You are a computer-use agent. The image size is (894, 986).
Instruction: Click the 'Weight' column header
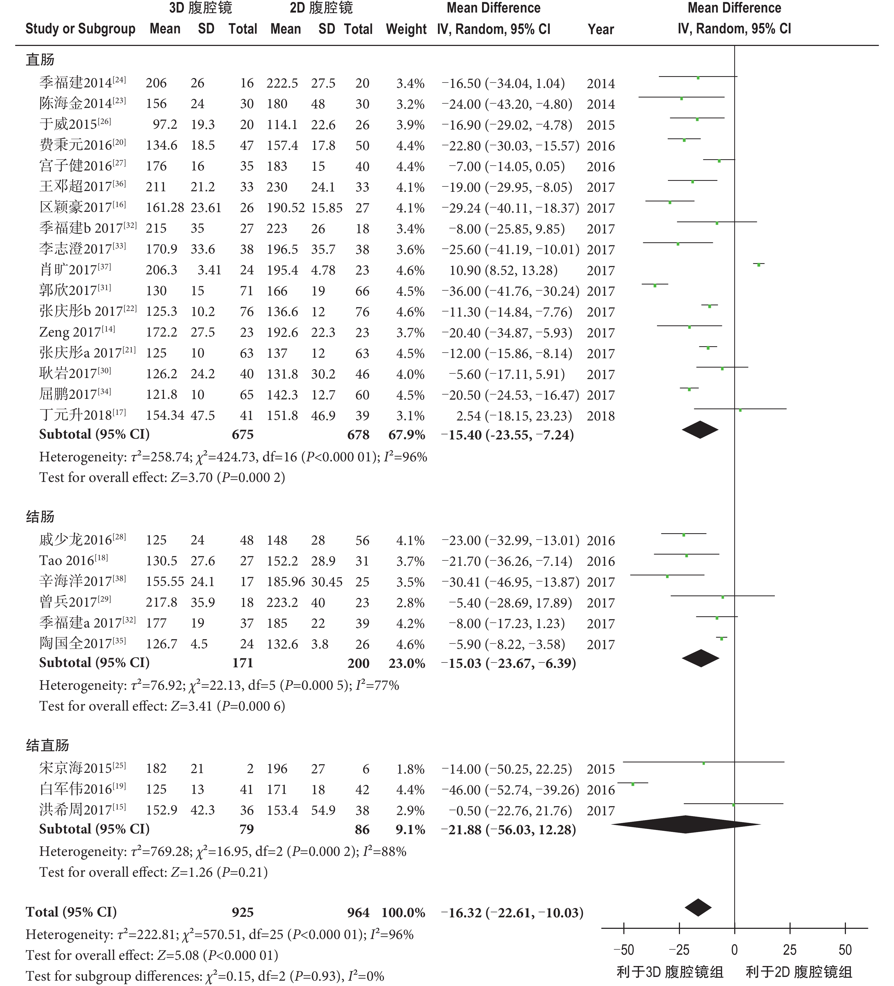[x=406, y=29]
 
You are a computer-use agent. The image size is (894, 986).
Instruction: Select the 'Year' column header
[x=601, y=29]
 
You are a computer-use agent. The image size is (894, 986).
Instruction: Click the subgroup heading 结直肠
[x=48, y=745]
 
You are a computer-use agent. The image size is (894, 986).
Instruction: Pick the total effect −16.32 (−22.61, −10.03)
[x=512, y=913]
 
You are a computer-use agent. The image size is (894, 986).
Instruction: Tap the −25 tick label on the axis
[x=679, y=950]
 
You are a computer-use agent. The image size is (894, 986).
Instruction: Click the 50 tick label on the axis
[x=845, y=950]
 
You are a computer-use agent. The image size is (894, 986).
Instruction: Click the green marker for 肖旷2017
[x=759, y=264]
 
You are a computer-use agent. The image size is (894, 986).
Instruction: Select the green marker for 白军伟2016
[x=633, y=784]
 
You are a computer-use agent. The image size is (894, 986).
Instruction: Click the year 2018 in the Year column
[x=601, y=416]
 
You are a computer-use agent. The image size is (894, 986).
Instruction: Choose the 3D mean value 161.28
[x=165, y=208]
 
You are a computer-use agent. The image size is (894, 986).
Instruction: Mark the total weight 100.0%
[x=403, y=913]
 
